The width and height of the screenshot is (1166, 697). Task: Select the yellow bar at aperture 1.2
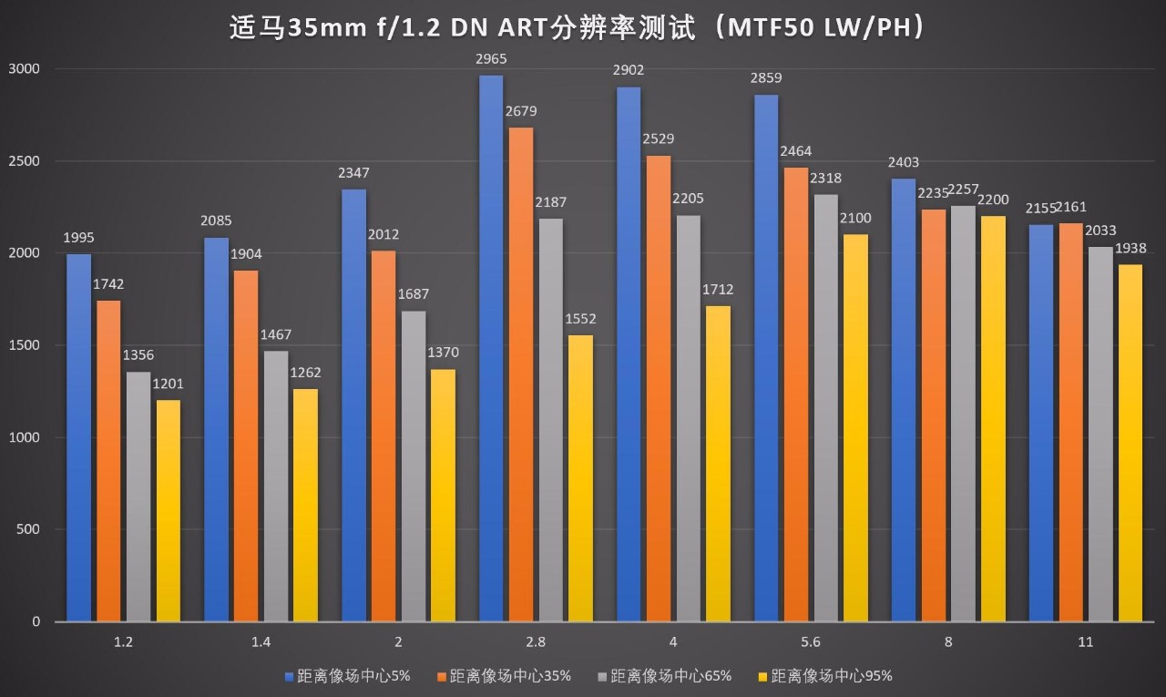tap(169, 510)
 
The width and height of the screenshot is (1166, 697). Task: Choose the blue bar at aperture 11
tap(1040, 423)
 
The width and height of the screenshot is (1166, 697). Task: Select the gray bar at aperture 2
tap(414, 466)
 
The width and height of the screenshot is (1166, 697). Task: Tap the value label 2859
tap(766, 78)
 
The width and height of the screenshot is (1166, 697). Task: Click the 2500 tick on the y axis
tap(25, 161)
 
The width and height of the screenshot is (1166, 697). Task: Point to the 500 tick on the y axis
tap(30, 529)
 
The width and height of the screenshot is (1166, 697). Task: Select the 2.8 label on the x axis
tap(536, 642)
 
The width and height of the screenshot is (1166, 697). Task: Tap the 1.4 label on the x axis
tap(261, 642)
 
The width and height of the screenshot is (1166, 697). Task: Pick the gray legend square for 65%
tap(602, 676)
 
